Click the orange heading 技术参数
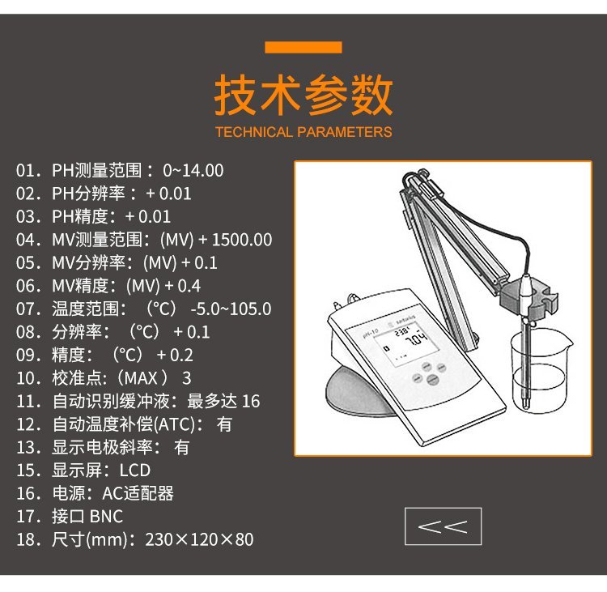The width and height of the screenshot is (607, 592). pos(303,95)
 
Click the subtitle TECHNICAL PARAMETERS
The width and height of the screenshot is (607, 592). pos(303,132)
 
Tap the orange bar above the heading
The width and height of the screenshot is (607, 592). pos(303,47)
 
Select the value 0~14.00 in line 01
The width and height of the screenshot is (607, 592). pos(193,170)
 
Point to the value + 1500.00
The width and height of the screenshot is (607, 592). pos(235,240)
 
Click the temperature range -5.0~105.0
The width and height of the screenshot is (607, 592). pos(231,309)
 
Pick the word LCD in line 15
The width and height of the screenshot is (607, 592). pos(134,471)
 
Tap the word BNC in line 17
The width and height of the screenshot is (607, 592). pos(107,517)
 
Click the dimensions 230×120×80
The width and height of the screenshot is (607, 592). pos(199,539)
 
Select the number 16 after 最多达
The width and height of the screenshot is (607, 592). pos(251,402)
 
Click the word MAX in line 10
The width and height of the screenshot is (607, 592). pos(142,378)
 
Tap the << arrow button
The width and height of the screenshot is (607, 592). pos(443,526)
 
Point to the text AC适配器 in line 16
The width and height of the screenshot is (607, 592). pos(138,493)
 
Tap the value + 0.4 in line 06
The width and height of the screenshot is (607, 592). pos(183,287)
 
